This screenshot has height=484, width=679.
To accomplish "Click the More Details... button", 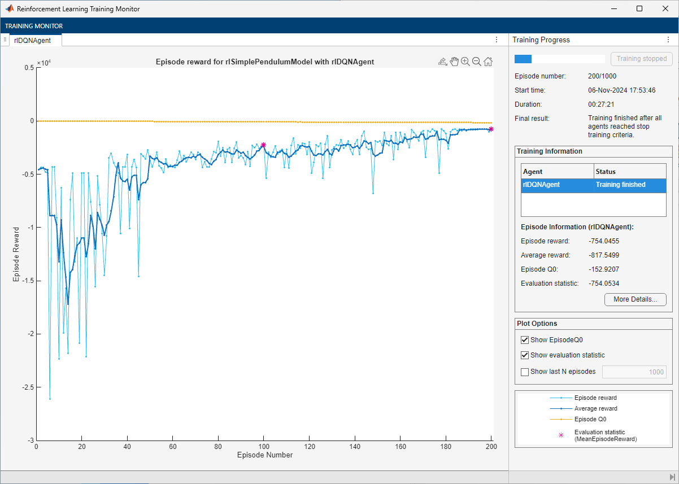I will [x=635, y=299].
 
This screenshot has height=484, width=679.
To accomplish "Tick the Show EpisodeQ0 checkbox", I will [x=525, y=340].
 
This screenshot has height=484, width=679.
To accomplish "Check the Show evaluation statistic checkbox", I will [x=525, y=355].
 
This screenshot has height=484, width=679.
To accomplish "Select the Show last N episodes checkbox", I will [x=525, y=372].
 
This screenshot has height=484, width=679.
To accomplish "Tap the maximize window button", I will [x=639, y=8].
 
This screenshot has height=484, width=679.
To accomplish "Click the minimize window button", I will [x=614, y=8].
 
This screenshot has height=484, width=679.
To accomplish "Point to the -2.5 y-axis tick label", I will [x=25, y=387].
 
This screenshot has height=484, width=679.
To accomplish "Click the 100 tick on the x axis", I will [x=263, y=446].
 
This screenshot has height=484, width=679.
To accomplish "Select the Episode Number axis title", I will [x=264, y=455].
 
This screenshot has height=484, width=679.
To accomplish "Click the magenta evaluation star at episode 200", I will [x=491, y=129].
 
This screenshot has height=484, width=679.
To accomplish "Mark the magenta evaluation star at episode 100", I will [x=263, y=145].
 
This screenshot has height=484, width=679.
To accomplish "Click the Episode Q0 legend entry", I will [x=590, y=419].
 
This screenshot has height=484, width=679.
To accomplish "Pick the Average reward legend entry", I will [x=595, y=408].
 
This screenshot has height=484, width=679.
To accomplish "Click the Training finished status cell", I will [x=620, y=185].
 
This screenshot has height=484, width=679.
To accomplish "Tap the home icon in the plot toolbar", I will [x=488, y=62].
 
